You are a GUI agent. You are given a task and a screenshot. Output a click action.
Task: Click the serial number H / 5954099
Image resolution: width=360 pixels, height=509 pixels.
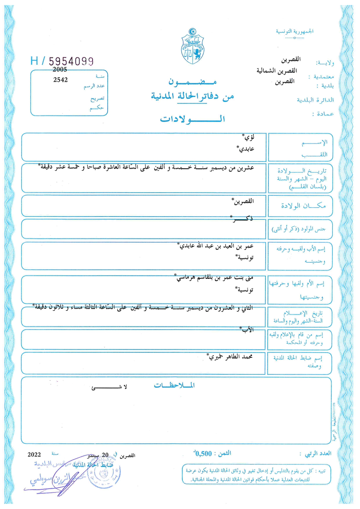click(62, 61)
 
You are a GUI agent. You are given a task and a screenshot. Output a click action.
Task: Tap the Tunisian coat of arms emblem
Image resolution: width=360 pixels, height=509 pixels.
click(192, 46)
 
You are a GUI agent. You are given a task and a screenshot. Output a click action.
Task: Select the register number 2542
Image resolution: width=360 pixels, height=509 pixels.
click(60, 80)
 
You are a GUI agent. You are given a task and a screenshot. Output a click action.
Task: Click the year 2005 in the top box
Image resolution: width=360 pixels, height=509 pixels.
click(60, 70)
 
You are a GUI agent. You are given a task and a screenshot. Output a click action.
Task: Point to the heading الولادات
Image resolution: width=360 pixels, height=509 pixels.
click(192, 119)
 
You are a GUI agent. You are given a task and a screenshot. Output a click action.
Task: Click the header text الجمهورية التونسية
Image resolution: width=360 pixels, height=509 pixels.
click(294, 31)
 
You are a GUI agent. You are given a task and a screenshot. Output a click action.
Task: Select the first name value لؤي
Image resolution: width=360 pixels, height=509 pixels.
click(249, 137)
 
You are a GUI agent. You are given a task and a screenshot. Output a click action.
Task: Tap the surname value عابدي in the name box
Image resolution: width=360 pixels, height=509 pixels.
click(246, 149)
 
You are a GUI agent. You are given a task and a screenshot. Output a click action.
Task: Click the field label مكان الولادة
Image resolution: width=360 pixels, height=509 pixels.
click(303, 206)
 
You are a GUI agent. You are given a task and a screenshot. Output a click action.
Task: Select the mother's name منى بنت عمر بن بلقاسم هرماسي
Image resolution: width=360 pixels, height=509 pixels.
click(215, 278)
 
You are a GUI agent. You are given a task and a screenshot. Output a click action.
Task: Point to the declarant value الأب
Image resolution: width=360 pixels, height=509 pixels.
click(248, 329)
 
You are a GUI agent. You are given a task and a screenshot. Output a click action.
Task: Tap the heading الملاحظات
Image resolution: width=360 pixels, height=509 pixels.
click(174, 385)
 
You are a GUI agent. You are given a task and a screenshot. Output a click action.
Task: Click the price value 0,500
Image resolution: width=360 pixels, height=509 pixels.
click(203, 454)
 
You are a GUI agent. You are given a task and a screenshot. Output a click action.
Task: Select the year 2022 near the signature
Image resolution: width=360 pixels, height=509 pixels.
click(34, 455)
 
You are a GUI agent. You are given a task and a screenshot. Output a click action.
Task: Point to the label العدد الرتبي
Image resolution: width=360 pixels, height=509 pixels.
click(318, 454)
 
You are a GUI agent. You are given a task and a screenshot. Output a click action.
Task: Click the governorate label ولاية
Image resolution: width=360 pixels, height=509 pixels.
click(325, 63)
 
